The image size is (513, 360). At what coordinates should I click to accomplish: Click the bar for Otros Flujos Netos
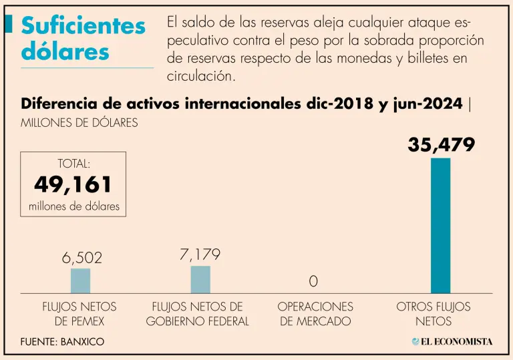point(440,226)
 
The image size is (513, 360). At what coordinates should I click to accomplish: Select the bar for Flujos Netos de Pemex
point(80,281)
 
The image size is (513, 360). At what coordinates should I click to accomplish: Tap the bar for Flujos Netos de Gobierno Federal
point(200,279)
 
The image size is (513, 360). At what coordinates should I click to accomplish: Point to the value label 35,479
point(441,144)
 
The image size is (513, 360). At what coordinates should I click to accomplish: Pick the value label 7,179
point(200,254)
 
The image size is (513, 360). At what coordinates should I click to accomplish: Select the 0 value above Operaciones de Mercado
point(313,281)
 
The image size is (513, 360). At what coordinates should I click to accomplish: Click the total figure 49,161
point(73,185)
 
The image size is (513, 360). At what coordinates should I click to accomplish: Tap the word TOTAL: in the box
point(73,163)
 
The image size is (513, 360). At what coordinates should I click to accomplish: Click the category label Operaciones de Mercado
point(315,314)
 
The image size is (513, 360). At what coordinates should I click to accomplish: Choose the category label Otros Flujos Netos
point(434,314)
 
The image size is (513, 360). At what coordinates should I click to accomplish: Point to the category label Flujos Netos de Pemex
point(79,314)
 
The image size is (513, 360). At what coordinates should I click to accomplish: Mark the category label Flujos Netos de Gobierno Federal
point(198,314)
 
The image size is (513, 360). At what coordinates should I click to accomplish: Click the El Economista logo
point(452,341)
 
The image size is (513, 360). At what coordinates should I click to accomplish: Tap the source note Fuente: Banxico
point(63,341)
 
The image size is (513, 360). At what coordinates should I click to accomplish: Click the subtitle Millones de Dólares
point(79,123)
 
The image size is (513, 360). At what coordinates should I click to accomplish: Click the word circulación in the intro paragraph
point(201,75)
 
